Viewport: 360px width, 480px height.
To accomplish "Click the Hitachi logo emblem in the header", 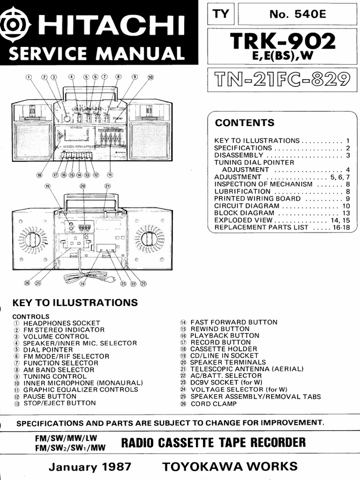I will (9, 23).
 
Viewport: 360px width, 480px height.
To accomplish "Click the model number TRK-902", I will (283, 42).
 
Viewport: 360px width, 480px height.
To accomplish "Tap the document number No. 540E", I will (296, 14).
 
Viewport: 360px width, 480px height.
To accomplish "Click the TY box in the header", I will (221, 14).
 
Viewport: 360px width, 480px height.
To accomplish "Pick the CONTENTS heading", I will (244, 123).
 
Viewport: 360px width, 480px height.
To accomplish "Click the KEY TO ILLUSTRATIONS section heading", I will (75, 303).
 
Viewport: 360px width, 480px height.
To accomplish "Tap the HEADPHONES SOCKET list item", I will (61, 323).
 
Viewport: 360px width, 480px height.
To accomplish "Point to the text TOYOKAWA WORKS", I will (230, 466).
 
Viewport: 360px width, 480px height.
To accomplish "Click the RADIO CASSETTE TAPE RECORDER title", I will (213, 442).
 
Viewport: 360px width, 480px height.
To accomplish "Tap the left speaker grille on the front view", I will (32, 141).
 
